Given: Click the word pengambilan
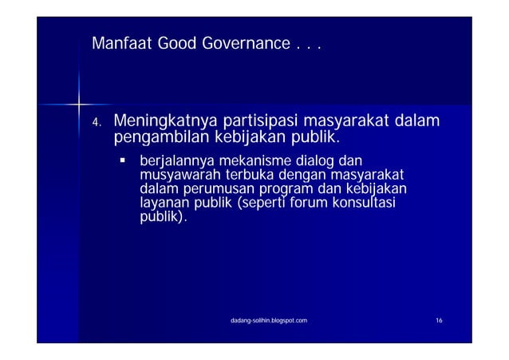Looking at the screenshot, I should [161, 140].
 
